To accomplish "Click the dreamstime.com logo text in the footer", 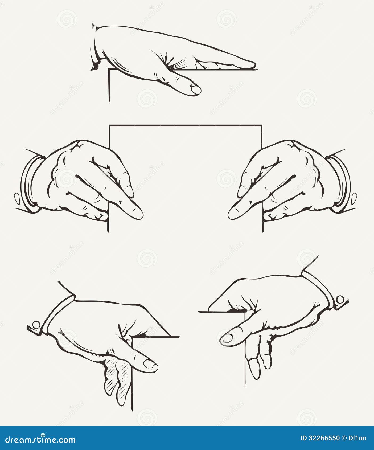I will [40, 440].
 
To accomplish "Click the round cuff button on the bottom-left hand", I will [36, 325].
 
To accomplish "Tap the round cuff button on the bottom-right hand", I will [340, 300].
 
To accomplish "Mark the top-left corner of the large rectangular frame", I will [109, 125].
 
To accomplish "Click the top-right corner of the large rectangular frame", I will [262, 125].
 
